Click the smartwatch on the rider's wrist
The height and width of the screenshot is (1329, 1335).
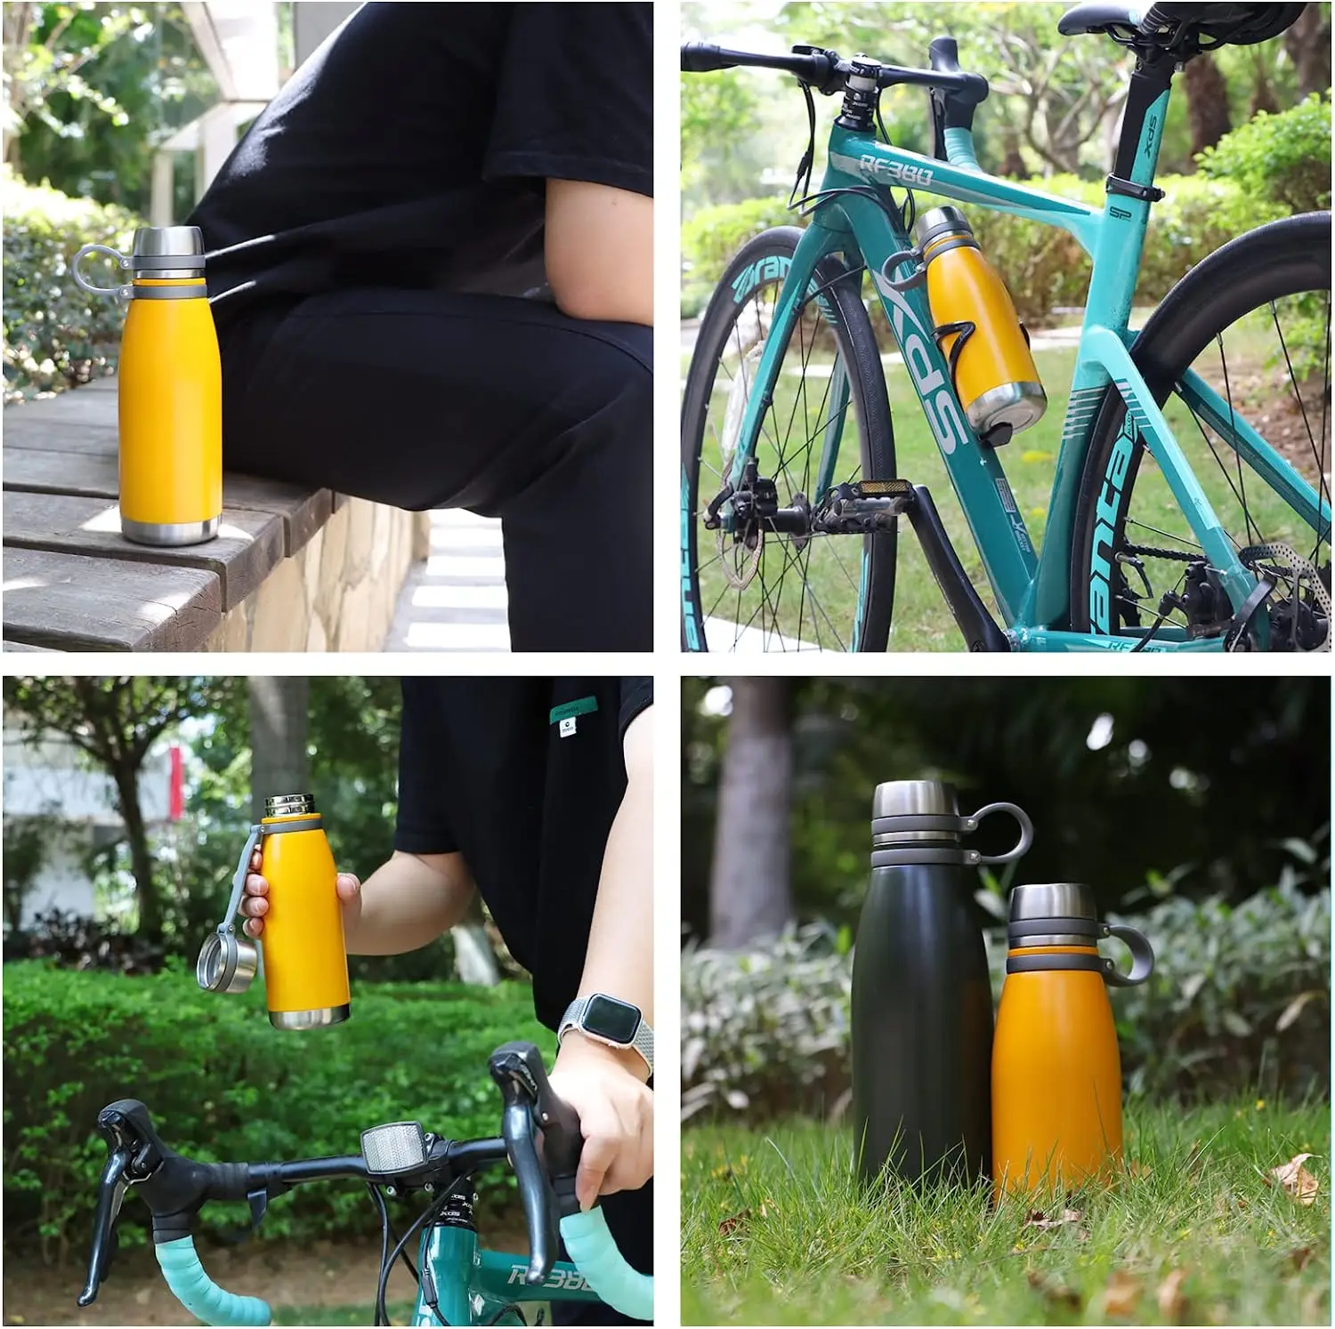click(607, 1020)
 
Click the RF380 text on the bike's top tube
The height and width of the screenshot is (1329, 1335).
click(894, 169)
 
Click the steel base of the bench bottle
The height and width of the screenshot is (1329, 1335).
click(169, 528)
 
